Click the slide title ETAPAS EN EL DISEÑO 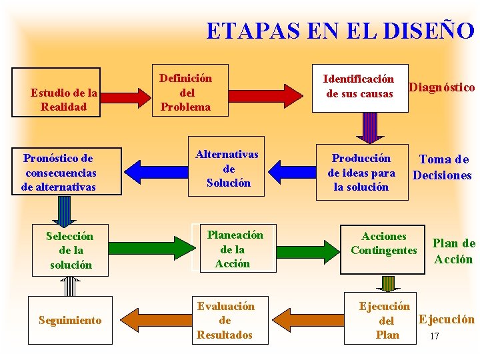click(340, 31)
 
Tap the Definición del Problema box click(186, 93)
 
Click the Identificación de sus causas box click(359, 86)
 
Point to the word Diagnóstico click(441, 87)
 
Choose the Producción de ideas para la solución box click(361, 172)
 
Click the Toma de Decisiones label click(442, 167)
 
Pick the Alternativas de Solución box click(227, 169)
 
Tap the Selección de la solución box click(70, 250)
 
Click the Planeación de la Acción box click(233, 249)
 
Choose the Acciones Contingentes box click(383, 243)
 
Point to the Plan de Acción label click(453, 251)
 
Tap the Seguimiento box click(70, 320)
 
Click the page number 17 click(435, 336)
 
